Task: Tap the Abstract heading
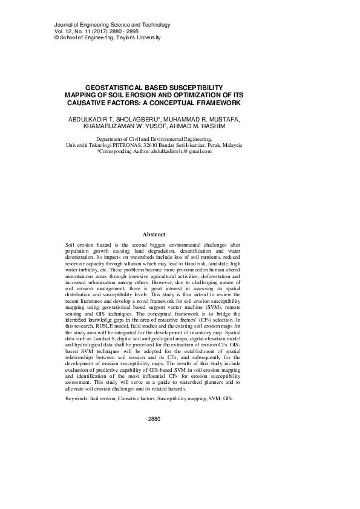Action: [x=154, y=233]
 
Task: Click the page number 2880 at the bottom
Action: [x=154, y=418]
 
